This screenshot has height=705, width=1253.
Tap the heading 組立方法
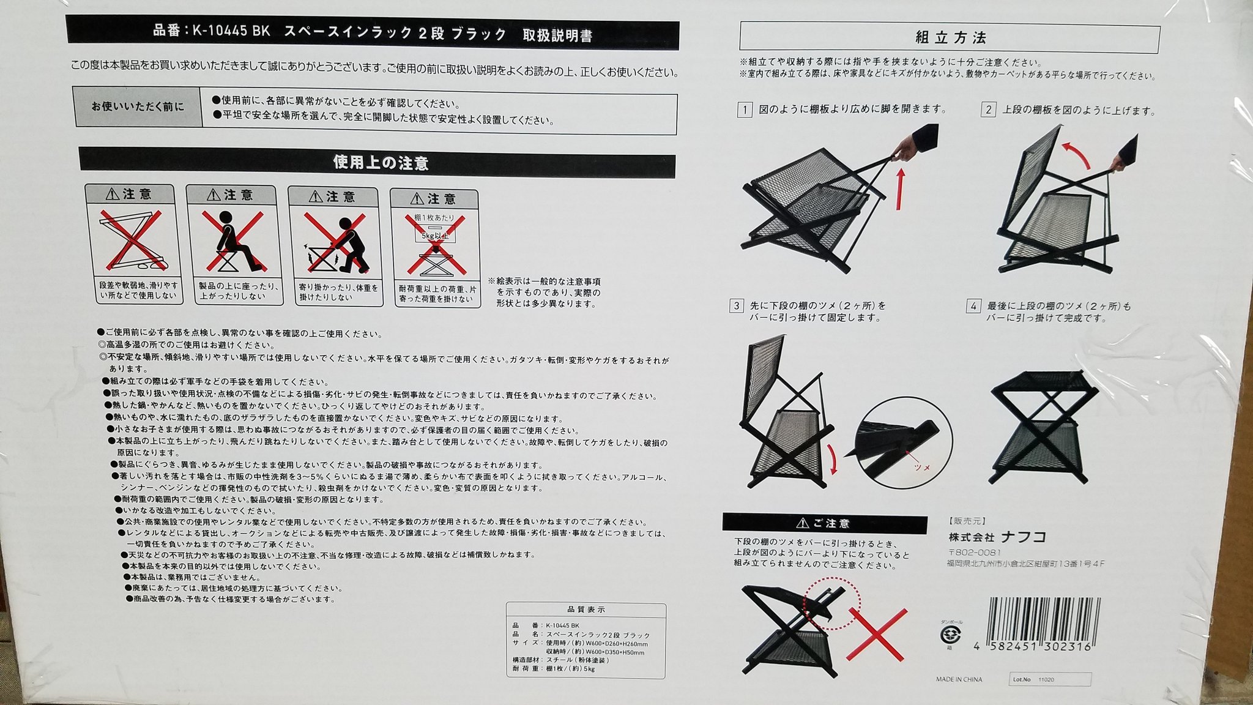950,37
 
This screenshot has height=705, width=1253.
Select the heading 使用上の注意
380,163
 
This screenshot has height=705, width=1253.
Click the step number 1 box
745,111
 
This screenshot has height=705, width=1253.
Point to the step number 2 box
988,111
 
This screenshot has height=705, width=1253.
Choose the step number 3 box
737,306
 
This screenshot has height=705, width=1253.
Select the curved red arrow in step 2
1077,153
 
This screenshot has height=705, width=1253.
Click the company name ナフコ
1023,537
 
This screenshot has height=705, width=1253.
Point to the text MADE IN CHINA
959,679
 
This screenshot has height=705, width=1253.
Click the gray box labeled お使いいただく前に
137,106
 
